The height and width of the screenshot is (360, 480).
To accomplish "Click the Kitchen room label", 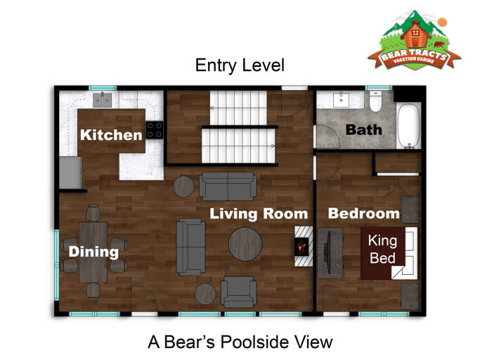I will [111, 134].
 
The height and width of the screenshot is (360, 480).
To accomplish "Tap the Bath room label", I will [363, 129].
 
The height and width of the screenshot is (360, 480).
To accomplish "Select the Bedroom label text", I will [363, 214].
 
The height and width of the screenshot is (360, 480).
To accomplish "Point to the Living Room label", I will [259, 214].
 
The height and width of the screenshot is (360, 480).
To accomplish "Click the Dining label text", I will [93, 251].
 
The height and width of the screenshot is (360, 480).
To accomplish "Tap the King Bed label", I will [383, 250].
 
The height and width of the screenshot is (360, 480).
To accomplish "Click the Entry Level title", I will [240, 66].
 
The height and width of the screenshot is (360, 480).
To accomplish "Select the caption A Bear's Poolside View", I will [240, 342].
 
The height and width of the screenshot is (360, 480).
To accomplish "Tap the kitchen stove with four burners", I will [155, 130].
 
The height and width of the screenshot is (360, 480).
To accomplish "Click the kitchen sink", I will [103, 99].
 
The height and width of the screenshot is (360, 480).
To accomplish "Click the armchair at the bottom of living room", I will [238, 290].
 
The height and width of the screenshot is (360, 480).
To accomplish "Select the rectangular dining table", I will [93, 251].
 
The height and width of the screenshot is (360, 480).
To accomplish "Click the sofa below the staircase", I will [227, 186].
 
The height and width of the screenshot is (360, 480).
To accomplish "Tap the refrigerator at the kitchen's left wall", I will [70, 172].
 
